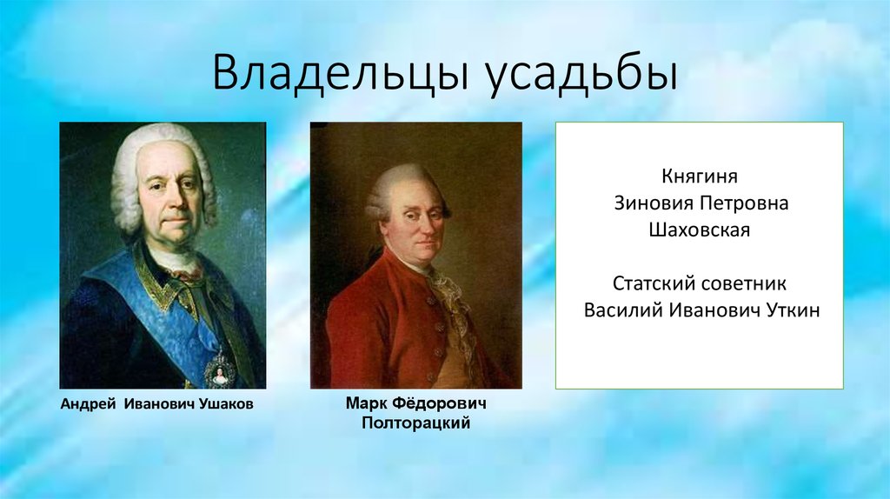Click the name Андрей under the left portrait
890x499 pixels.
(x=89, y=405)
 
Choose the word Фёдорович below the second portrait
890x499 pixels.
(x=439, y=405)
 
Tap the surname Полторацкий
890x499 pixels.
(x=415, y=423)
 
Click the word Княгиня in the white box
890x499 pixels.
(x=699, y=178)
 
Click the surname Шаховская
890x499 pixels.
(x=699, y=231)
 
